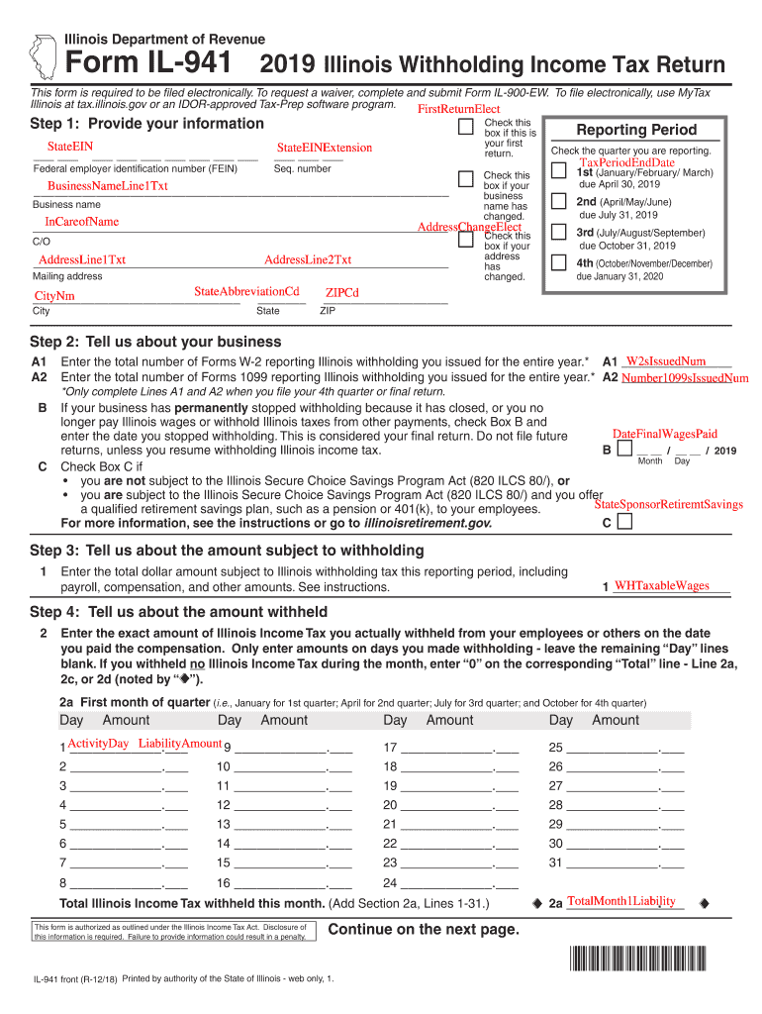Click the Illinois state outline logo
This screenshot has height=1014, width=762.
(x=43, y=55)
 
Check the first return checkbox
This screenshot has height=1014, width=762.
(x=465, y=128)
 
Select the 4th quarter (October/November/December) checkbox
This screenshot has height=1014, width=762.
(x=557, y=264)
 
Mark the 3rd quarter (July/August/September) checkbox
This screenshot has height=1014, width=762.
(x=557, y=234)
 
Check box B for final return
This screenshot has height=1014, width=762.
(x=623, y=450)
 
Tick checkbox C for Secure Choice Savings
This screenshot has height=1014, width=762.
(x=623, y=522)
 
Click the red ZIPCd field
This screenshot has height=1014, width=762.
(x=341, y=293)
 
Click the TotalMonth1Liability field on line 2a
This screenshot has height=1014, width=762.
(x=620, y=901)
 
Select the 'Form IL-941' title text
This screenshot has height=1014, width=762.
(x=149, y=64)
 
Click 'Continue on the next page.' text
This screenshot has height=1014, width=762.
(x=423, y=929)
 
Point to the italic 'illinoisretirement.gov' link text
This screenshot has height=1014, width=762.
(x=427, y=522)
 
